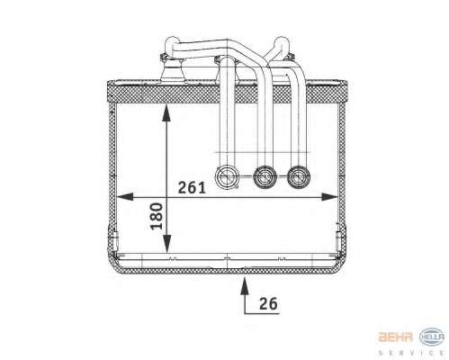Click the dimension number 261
click(192, 188)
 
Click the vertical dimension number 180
click(157, 216)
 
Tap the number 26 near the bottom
click(268, 303)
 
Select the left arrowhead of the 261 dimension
click(124, 197)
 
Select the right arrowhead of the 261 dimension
click(330, 197)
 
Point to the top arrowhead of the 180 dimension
click(166, 112)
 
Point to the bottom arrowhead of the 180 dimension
click(166, 244)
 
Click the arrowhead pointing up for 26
click(245, 285)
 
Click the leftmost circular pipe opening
click(228, 177)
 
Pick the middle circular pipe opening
click(265, 177)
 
